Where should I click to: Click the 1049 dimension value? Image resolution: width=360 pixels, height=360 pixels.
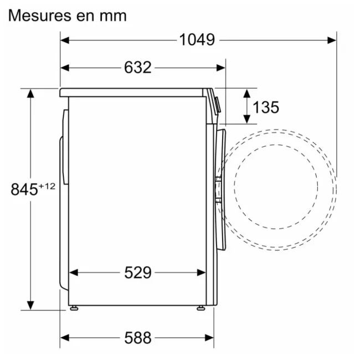[197, 40]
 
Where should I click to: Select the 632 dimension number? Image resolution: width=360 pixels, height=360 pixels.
[137, 68]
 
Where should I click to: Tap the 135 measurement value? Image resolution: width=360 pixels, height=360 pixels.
[266, 107]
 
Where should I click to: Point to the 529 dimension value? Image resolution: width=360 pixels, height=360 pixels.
[137, 272]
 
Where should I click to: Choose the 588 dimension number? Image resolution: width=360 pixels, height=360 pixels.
[137, 337]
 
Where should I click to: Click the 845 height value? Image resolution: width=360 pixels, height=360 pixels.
[25, 189]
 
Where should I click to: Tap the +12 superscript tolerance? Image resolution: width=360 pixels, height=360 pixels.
[48, 186]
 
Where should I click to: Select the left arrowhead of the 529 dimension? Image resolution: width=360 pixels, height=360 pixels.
[73, 272]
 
